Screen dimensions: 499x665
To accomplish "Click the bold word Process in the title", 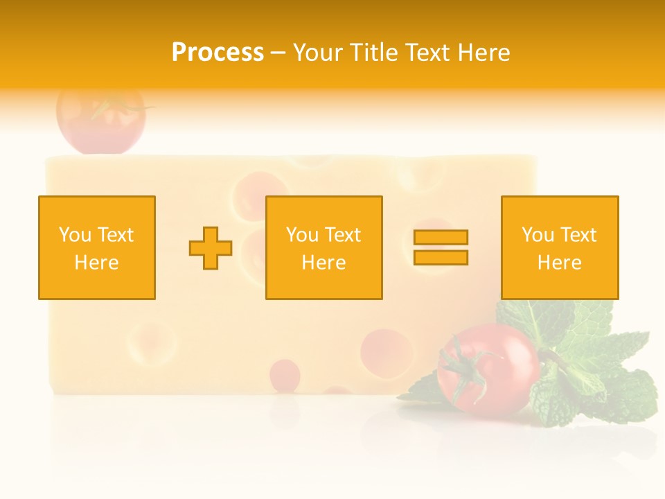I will coord(218,53).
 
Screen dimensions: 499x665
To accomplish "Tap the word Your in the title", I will coord(318,53).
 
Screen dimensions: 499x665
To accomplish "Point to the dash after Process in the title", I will coord(278,53).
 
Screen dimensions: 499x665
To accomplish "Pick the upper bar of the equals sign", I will coord(441,237).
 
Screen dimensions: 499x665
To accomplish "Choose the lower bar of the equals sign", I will coord(441,258).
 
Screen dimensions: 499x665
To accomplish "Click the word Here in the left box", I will coord(96,263).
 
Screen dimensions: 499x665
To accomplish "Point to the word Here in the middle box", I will coord(323,263).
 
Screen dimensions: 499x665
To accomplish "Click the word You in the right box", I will coord(538,235).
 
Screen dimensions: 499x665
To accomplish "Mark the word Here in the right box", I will coord(559,263).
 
